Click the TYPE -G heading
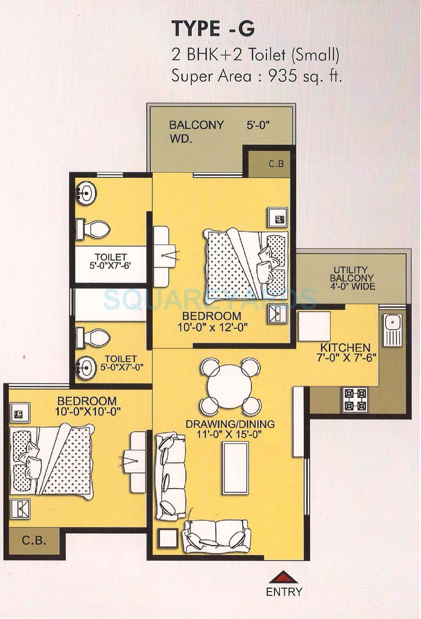tap(213, 29)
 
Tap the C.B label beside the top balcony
tap(276, 164)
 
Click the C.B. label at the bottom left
tap(34, 540)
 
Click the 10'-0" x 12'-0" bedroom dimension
tap(211, 327)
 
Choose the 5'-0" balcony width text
tap(259, 125)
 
